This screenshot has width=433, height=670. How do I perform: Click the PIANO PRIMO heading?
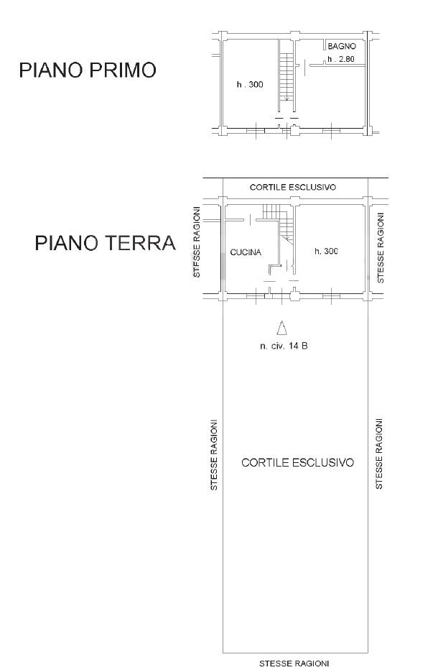[88, 70]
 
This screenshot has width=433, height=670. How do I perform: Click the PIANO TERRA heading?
[105, 243]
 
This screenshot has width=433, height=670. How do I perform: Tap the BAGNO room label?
[342, 46]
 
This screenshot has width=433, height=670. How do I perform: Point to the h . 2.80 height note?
[341, 59]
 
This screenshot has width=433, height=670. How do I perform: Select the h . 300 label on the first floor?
[250, 84]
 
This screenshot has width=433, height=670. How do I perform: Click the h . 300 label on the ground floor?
[326, 251]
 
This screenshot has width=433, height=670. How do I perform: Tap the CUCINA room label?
[246, 252]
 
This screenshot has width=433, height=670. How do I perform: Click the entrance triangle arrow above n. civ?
[281, 328]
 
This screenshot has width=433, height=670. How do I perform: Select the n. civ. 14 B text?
[284, 346]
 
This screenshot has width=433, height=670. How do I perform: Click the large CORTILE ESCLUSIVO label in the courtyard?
[297, 462]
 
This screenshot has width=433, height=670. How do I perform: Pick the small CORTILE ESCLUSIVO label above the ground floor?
[293, 187]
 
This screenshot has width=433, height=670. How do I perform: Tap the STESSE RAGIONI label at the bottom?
[294, 664]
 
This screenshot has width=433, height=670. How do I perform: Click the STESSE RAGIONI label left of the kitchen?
[197, 242]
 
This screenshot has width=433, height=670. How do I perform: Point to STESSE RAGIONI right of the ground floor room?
[381, 248]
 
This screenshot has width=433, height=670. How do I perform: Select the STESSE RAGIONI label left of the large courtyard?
[214, 454]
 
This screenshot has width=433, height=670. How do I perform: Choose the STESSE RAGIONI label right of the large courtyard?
[378, 454]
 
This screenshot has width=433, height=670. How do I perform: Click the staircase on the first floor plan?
[287, 77]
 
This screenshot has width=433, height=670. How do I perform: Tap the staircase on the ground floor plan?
[279, 222]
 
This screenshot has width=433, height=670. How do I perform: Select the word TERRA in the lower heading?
[140, 243]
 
